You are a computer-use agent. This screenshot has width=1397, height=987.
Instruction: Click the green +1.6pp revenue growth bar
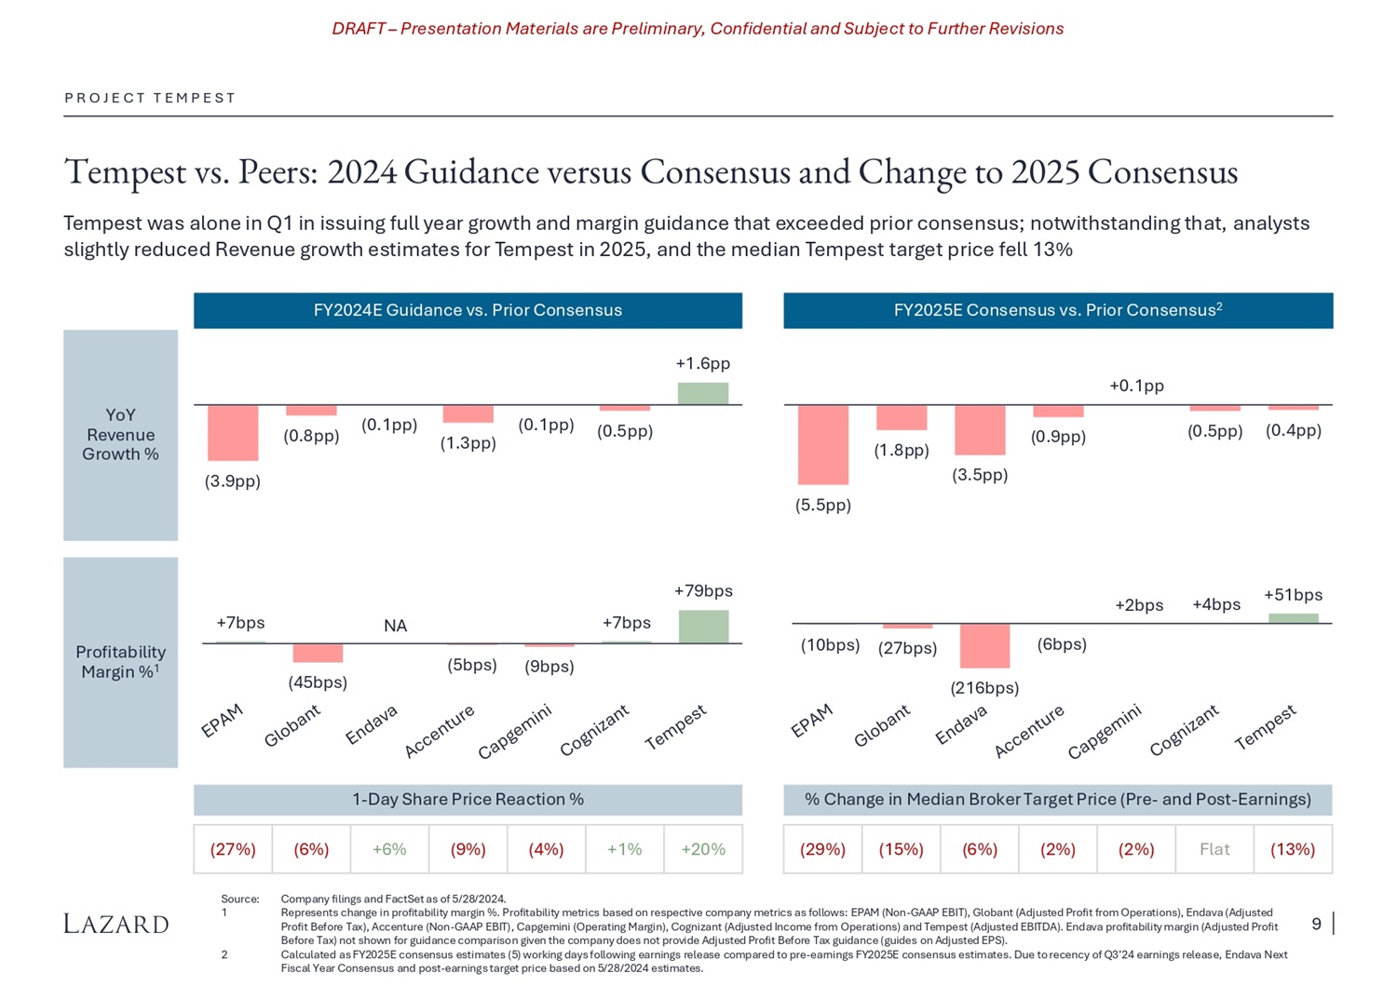click(702, 393)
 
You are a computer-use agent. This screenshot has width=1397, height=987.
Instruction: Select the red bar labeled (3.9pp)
click(233, 433)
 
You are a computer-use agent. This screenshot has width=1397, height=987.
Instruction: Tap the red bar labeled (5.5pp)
click(823, 445)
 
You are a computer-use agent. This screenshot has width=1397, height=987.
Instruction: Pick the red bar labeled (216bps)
click(984, 646)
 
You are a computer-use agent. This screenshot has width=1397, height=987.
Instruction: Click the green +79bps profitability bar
click(703, 626)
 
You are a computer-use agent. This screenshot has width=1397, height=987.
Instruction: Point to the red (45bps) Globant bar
click(318, 653)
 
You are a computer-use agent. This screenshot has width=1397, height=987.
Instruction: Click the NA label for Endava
click(395, 626)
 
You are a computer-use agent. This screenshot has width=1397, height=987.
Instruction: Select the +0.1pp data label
click(1136, 385)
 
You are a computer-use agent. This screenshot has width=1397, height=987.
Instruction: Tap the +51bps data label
click(1293, 595)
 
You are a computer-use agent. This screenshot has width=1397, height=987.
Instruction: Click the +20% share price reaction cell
click(703, 849)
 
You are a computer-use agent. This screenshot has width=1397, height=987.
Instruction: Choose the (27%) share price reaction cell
click(233, 849)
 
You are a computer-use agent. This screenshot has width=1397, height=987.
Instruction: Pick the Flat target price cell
click(1214, 849)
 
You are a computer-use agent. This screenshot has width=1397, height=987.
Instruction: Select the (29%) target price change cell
click(823, 849)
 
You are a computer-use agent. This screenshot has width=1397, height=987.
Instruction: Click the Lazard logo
click(116, 924)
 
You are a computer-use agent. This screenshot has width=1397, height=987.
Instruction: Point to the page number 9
click(1316, 924)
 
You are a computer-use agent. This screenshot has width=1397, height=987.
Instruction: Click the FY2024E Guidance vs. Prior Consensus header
click(468, 310)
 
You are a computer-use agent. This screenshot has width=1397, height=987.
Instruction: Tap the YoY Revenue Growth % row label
click(120, 435)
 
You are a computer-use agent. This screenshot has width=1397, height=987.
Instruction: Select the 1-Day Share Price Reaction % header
click(468, 799)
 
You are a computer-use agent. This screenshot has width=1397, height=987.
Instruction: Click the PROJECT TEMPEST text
click(150, 98)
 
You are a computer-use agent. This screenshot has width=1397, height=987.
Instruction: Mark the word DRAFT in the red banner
click(359, 29)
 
